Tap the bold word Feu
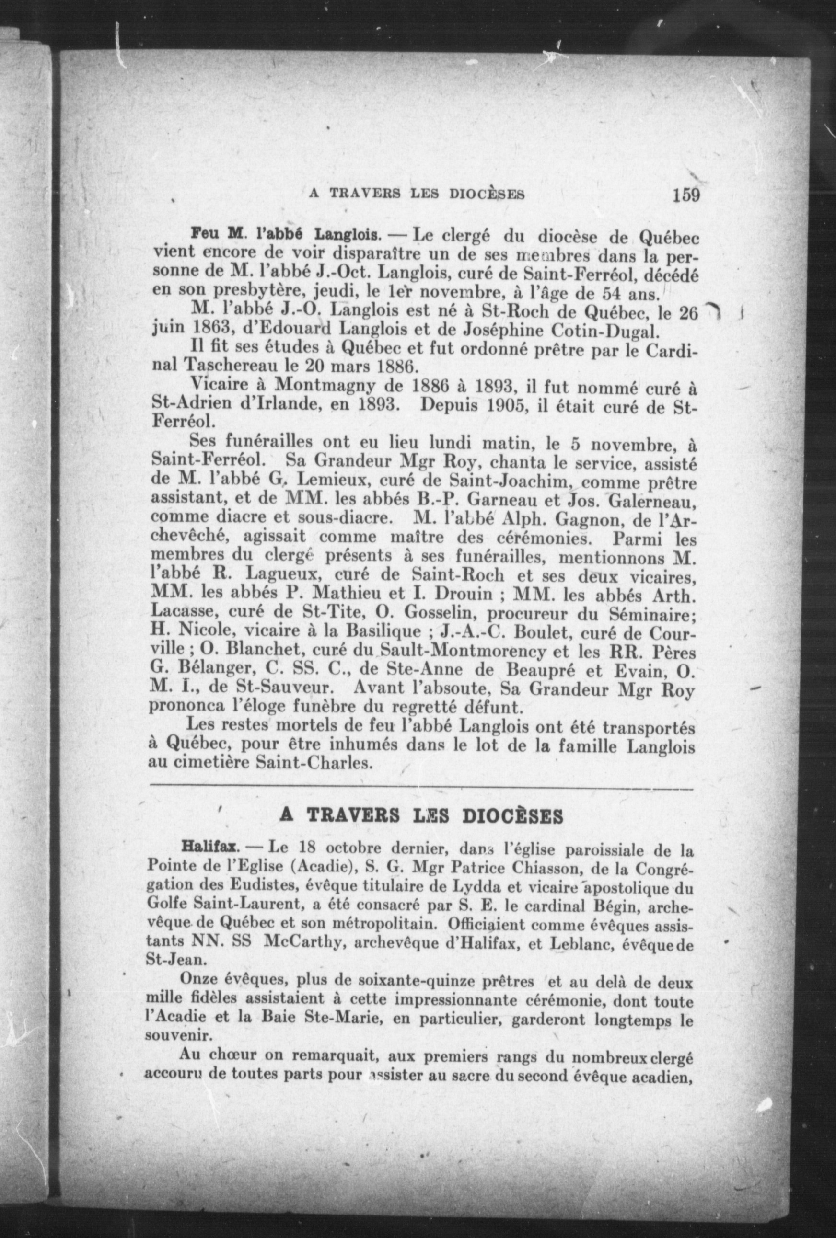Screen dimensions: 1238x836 tap(202, 234)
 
